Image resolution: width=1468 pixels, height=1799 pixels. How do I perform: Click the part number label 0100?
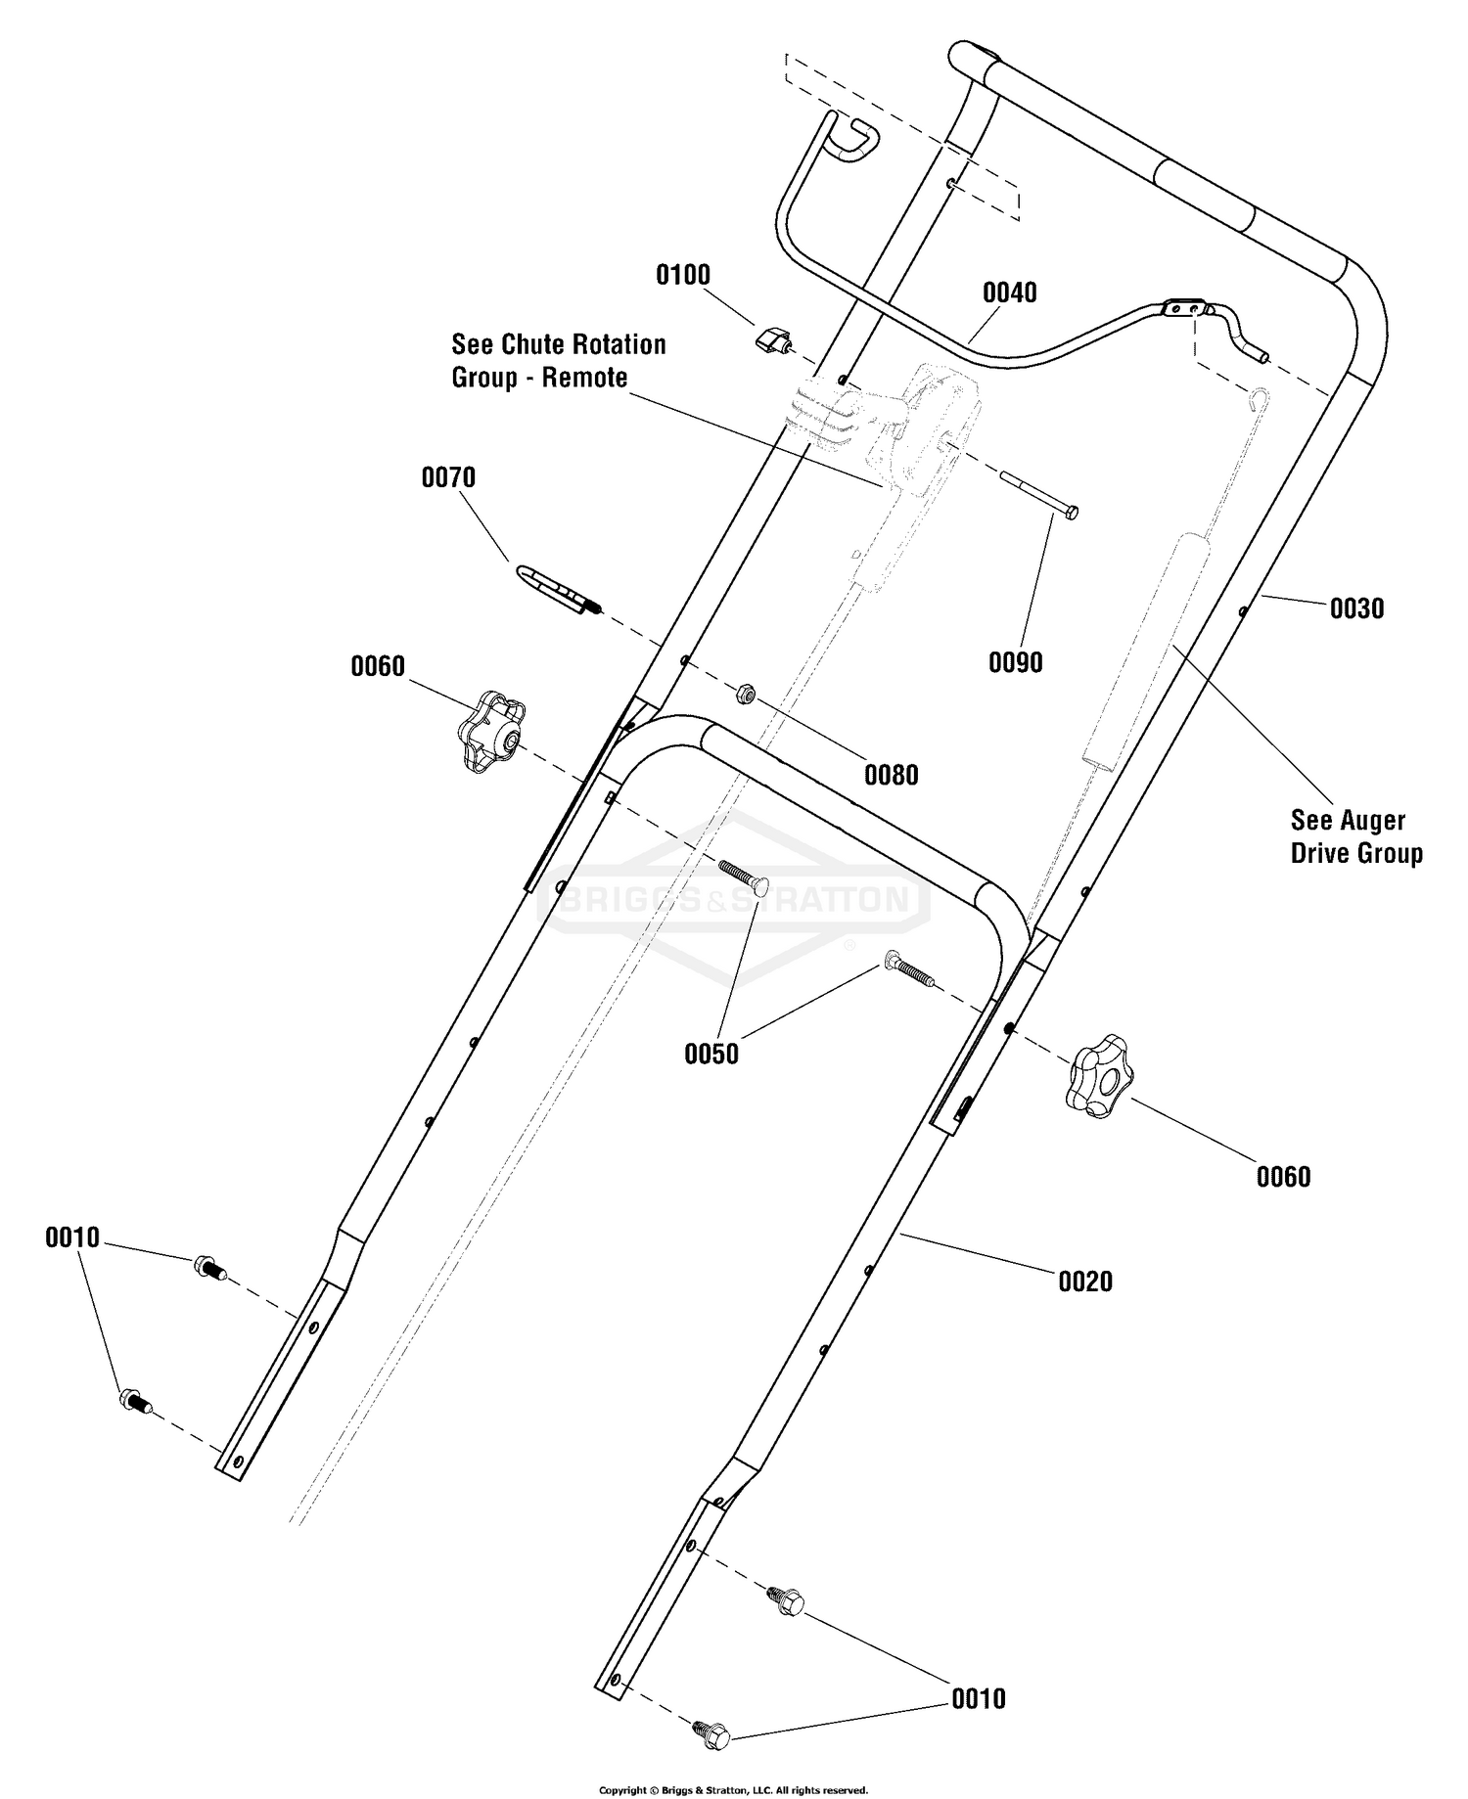683,275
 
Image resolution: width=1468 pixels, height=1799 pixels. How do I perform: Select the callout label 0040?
1010,292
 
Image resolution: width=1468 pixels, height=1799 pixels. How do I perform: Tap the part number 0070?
448,477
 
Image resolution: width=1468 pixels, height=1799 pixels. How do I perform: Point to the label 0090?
1016,662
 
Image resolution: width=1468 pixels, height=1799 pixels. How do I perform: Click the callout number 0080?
892,775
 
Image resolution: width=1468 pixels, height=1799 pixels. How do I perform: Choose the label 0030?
1356,608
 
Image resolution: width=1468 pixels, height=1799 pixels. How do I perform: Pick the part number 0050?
711,1054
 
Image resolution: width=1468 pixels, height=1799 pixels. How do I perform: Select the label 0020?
1085,1282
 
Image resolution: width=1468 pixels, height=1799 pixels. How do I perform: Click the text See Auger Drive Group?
1356,836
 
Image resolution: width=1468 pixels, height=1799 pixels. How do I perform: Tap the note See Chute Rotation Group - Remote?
558,361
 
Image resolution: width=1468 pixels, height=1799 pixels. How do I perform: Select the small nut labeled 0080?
745,695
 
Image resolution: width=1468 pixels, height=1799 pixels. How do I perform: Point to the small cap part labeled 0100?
774,341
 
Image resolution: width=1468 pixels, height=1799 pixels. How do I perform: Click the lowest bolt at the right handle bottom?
711,1734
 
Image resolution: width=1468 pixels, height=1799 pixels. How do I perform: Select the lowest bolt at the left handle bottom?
135,1402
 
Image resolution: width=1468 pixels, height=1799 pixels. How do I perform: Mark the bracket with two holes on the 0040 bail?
1182,308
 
